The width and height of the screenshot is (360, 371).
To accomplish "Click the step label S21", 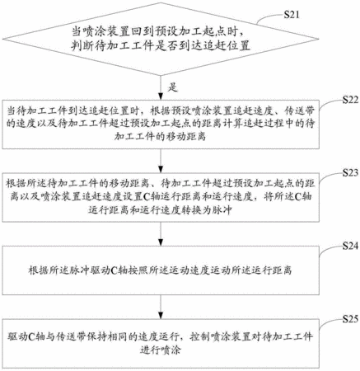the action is (x=292, y=14).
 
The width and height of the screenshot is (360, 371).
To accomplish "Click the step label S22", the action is (x=350, y=100).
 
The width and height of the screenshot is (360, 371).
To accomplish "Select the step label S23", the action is (x=350, y=172).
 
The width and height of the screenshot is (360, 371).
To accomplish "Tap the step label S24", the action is (x=350, y=246).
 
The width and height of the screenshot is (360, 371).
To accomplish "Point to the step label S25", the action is (x=350, y=319).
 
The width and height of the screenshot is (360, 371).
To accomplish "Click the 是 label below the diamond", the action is (x=173, y=87).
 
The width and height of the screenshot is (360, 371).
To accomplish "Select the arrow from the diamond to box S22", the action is (x=161, y=87).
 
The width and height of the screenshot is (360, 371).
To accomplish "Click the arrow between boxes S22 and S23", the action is (x=161, y=161).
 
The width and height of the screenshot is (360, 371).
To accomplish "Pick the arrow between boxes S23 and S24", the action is (x=161, y=234).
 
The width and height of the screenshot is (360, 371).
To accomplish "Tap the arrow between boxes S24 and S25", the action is (x=161, y=307).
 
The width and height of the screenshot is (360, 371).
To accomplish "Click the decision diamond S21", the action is (x=161, y=39).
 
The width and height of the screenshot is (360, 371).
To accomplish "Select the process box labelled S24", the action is (x=161, y=270).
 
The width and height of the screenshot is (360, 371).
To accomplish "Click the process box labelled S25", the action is (x=161, y=344).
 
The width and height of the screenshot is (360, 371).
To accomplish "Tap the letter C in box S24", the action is (x=115, y=270).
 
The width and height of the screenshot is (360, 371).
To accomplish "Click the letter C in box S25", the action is (x=31, y=336).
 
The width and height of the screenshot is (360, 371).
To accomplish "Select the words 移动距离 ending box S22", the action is (x=160, y=137).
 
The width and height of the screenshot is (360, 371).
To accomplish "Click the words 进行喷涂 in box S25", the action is (x=161, y=350).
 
